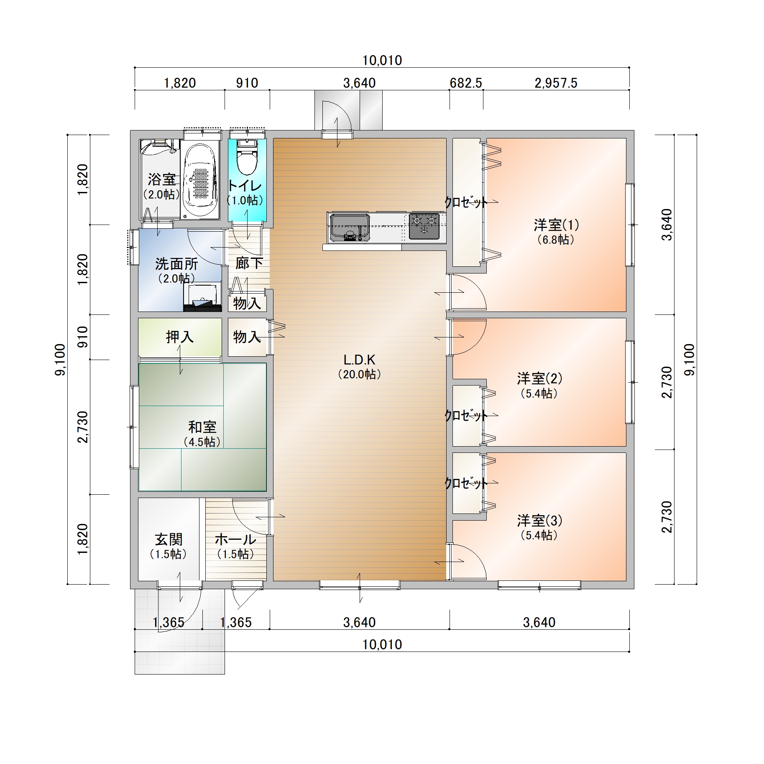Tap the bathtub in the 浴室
coord(201,180)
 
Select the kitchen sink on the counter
coord(350,227)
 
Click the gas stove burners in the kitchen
coord(424,226)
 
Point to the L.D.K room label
coord(359,360)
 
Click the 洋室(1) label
coord(556,225)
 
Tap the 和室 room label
coord(202,427)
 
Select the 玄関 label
coord(169,539)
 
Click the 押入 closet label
coord(180,337)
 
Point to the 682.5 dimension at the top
coord(466,83)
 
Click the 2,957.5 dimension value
coord(556,83)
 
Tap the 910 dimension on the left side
coord(83,337)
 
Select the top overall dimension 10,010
coord(382,61)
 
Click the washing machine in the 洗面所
coord(202,298)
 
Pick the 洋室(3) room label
coord(539,521)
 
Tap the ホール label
coord(235,539)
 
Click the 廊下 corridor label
coord(249,263)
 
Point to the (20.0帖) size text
coord(360,374)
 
